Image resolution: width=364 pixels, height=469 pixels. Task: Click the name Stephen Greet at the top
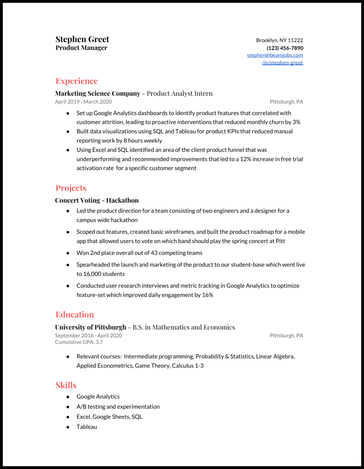[82, 39]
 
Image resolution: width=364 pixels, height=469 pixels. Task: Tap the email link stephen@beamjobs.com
[275, 55]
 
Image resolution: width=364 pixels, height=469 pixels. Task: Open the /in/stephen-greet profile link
[282, 63]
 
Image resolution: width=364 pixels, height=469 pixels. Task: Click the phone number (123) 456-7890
[285, 48]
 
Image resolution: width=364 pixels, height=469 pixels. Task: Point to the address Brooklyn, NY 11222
[279, 40]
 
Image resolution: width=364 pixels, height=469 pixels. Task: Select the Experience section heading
[76, 81]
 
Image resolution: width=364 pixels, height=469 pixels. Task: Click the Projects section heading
[71, 188]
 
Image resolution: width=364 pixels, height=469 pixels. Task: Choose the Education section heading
[75, 314]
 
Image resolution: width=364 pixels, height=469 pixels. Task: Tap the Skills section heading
[66, 385]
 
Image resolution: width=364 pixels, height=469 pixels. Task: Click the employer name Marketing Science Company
[98, 94]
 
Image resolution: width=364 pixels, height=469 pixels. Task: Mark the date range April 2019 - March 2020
[83, 102]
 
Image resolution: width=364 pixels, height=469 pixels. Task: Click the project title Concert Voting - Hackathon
[97, 200]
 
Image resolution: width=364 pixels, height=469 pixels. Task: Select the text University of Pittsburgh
[91, 327]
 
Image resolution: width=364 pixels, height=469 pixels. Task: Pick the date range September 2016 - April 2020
[88, 335]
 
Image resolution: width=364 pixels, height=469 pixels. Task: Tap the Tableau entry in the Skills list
[86, 427]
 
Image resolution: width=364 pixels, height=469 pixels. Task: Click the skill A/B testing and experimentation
[118, 406]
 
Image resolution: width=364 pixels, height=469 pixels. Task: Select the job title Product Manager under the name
[81, 48]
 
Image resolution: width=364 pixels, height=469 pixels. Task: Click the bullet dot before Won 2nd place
[68, 253]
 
